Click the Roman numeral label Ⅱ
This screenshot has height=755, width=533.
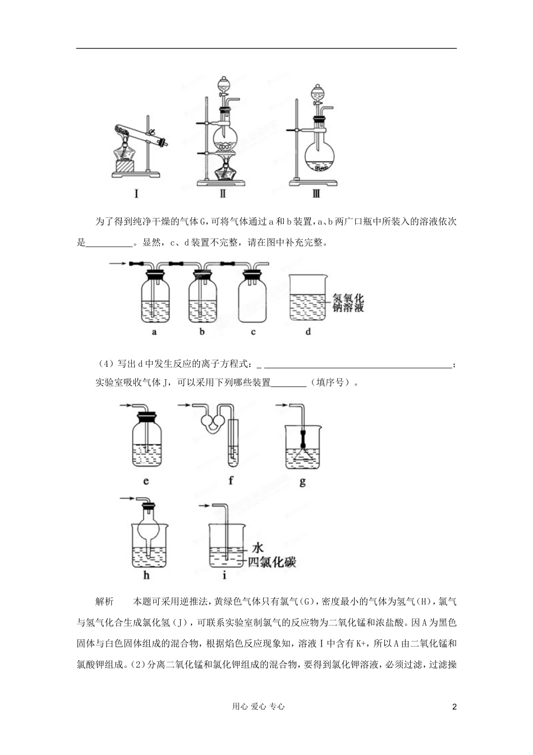(223, 194)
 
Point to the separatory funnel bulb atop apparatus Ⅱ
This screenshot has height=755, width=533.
(223, 88)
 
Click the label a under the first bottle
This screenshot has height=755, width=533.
(154, 332)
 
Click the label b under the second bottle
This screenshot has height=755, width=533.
(202, 332)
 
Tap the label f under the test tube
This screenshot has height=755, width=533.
(231, 481)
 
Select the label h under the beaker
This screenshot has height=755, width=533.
(146, 575)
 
